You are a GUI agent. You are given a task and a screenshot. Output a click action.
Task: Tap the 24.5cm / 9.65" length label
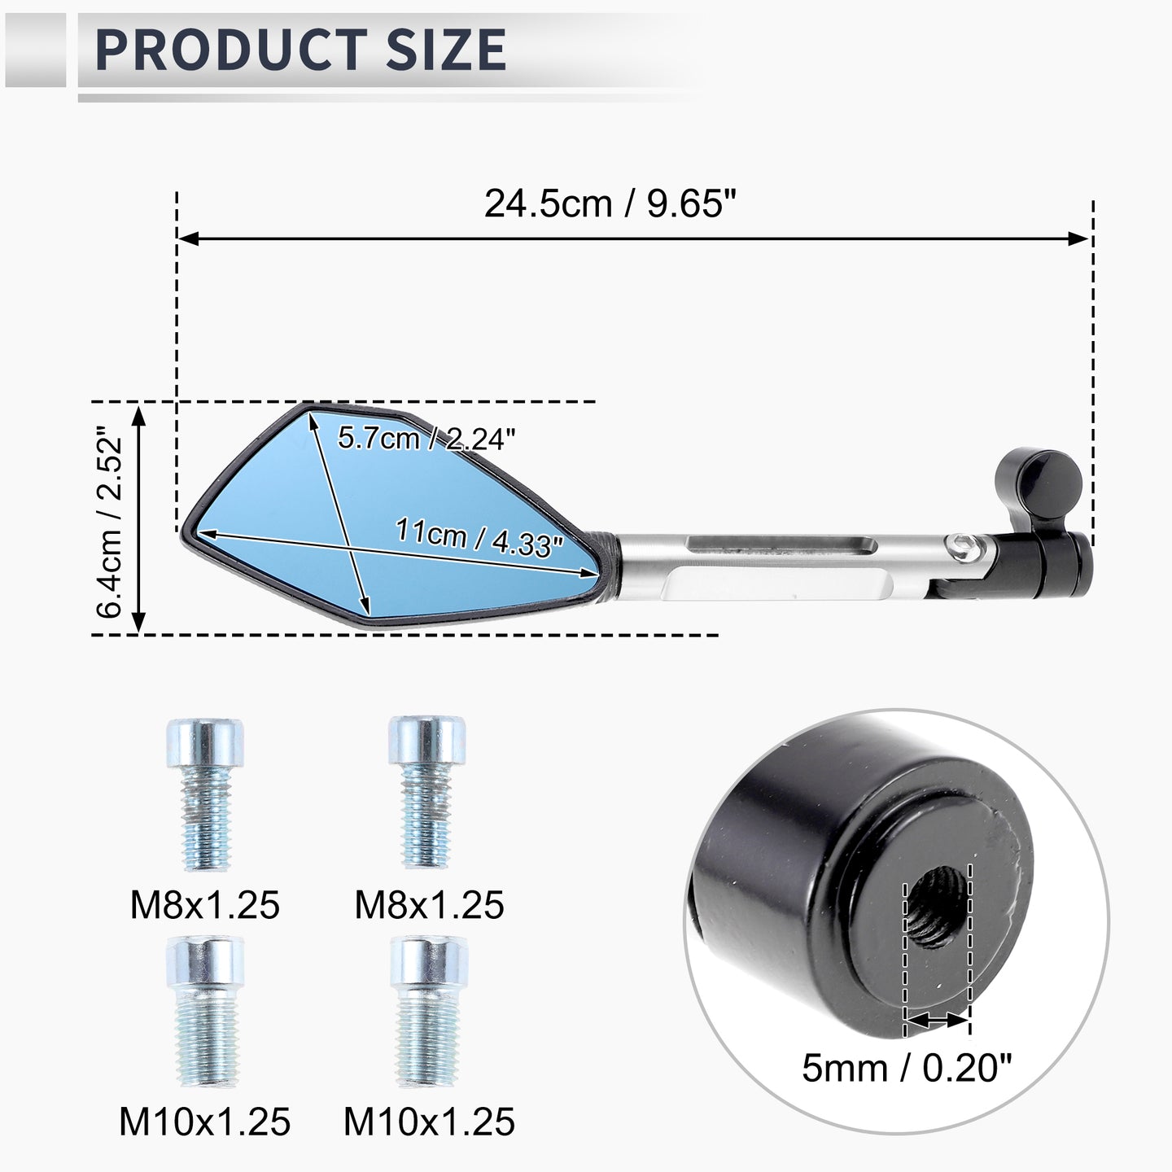click(x=610, y=203)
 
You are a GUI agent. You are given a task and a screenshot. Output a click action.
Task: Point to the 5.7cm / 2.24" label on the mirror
click(x=426, y=438)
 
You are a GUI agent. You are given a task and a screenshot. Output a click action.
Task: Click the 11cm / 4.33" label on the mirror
click(x=480, y=537)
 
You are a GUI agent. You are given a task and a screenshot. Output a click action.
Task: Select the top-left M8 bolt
click(x=205, y=794)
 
